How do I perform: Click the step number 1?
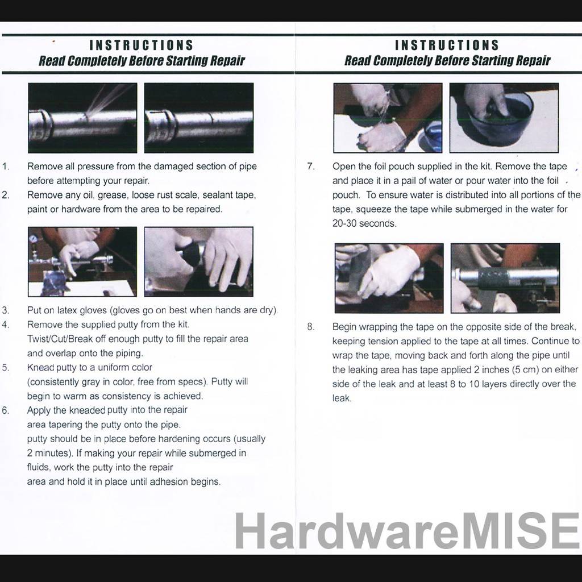tap(5, 167)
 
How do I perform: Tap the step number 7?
tap(311, 167)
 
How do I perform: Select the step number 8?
tap(311, 327)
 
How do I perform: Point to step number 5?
tap(5, 368)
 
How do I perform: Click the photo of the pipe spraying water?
tap(82, 118)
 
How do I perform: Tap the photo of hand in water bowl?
tap(504, 118)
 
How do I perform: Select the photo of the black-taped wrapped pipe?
tap(505, 278)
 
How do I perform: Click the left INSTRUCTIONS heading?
tap(142, 45)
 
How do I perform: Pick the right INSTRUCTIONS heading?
tap(447, 45)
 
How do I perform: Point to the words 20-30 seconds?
tap(364, 223)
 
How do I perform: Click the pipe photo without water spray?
tap(198, 118)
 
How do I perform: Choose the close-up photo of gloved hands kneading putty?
tap(198, 261)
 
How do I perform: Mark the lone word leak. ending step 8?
tap(342, 398)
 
